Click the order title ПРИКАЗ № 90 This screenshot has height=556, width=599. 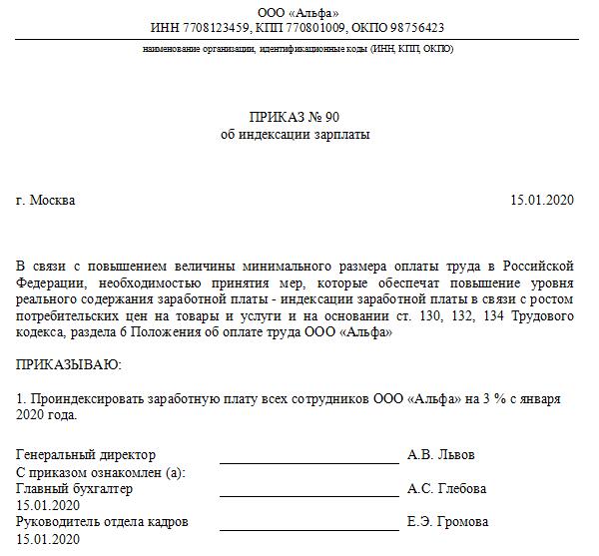(298, 117)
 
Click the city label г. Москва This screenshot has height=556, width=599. (46, 201)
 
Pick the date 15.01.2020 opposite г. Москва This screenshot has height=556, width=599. (542, 201)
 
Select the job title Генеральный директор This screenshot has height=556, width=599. (87, 455)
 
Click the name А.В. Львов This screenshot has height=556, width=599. (441, 455)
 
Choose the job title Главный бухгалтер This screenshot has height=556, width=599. (75, 489)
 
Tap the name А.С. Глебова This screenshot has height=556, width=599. (447, 489)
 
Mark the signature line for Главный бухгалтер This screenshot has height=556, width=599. (308, 497)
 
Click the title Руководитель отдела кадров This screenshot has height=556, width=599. (103, 522)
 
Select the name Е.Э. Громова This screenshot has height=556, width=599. (448, 522)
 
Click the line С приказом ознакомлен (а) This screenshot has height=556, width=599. (101, 472)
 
